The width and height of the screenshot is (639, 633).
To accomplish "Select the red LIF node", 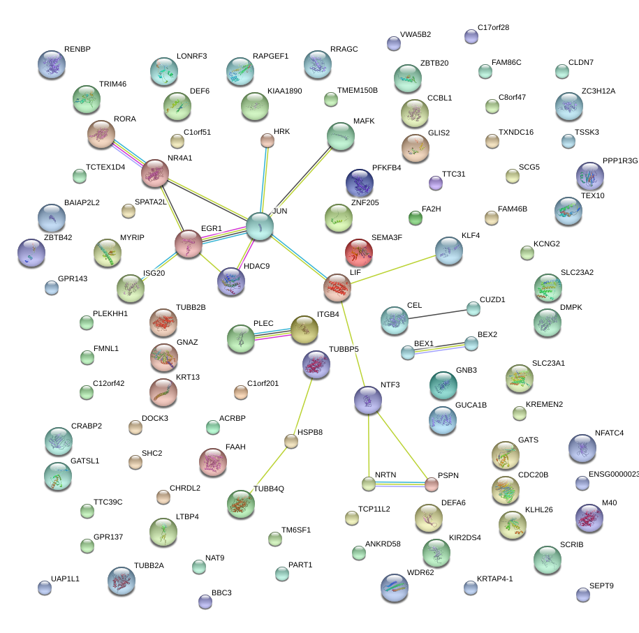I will pyautogui.click(x=337, y=287).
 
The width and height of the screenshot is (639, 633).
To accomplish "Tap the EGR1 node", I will pyautogui.click(x=188, y=244).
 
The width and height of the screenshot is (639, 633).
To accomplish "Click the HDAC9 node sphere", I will pyautogui.click(x=231, y=281).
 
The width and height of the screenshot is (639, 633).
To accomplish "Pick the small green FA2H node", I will pyautogui.click(x=416, y=218).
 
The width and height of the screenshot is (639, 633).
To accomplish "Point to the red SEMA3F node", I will pyautogui.click(x=359, y=252).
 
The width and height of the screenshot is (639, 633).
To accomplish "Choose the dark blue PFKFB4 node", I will pyautogui.click(x=360, y=183).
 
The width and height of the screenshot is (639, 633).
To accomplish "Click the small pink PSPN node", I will pyautogui.click(x=432, y=484).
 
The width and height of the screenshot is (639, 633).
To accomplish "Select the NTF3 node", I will pyautogui.click(x=367, y=399).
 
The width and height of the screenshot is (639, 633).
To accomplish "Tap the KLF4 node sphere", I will pyautogui.click(x=448, y=251).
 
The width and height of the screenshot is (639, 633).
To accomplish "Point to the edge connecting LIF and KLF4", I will pyautogui.click(x=392, y=269).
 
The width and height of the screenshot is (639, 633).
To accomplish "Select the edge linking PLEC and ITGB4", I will pyautogui.click(x=273, y=334).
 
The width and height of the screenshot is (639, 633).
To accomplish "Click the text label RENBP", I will pyautogui.click(x=78, y=50).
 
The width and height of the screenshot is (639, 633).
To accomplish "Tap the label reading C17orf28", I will pyautogui.click(x=493, y=28).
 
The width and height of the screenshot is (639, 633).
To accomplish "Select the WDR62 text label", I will pyautogui.click(x=420, y=573).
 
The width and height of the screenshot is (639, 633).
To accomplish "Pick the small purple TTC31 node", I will pyautogui.click(x=435, y=184).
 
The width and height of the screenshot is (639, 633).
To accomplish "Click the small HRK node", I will pyautogui.click(x=267, y=140).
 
